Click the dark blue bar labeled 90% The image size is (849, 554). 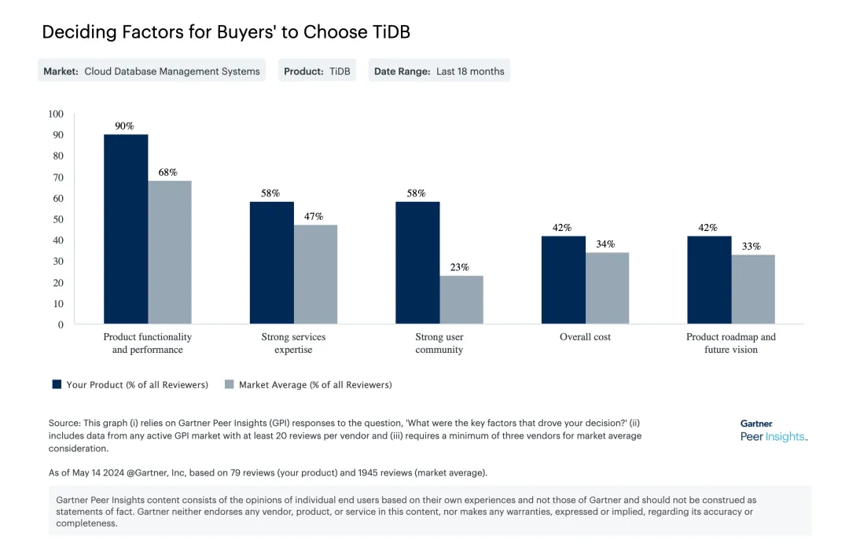(x=126, y=229)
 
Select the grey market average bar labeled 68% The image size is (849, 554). (x=170, y=252)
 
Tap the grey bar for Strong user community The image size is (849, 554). (x=461, y=299)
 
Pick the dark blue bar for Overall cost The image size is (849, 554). (x=563, y=280)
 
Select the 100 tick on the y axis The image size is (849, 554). (x=55, y=114)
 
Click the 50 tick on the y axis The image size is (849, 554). (x=58, y=219)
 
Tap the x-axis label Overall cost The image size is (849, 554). (x=585, y=337)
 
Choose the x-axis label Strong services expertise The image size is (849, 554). (x=293, y=343)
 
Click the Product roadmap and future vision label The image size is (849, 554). (x=730, y=343)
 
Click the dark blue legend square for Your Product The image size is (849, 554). (x=57, y=384)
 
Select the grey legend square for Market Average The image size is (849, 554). (x=230, y=384)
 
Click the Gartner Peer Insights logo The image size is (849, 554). (x=773, y=431)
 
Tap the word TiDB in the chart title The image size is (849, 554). (x=389, y=32)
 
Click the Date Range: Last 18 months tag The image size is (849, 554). (x=439, y=71)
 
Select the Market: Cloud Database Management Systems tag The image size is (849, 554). (x=151, y=71)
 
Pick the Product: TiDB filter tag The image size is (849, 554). (x=317, y=71)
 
